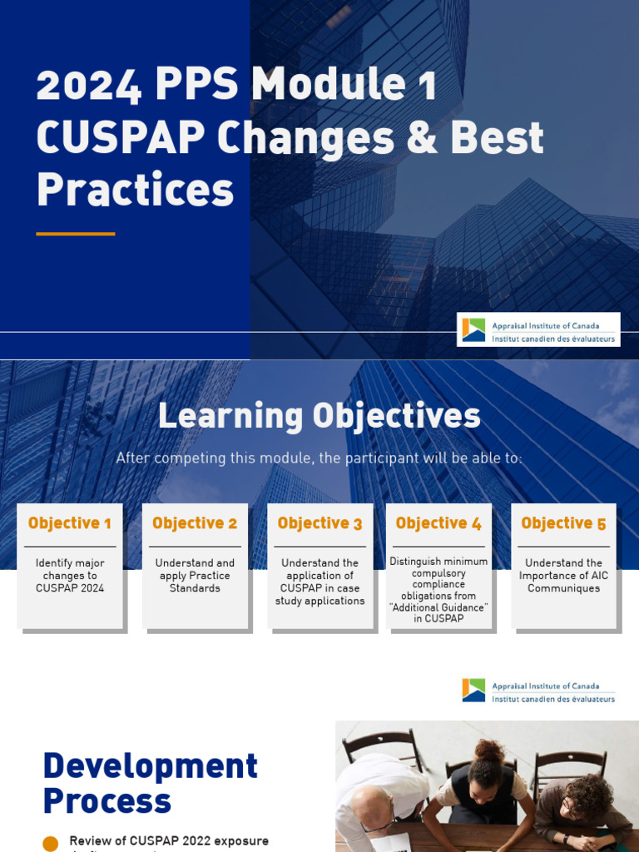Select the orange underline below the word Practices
pos(75,234)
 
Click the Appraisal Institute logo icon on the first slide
pos(474,330)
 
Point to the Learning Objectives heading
pos(319,416)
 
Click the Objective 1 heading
pos(70,523)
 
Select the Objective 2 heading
pos(195,523)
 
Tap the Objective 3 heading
pos(319,523)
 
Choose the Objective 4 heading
pos(438,523)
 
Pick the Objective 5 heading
pos(563,523)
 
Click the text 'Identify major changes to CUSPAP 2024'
pos(70,576)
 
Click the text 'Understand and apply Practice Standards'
pos(195,576)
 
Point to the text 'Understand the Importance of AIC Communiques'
pos(563,576)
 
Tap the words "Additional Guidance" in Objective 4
pos(438,607)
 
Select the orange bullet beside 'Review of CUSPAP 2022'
pos(51,843)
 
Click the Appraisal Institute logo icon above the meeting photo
pos(473,691)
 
